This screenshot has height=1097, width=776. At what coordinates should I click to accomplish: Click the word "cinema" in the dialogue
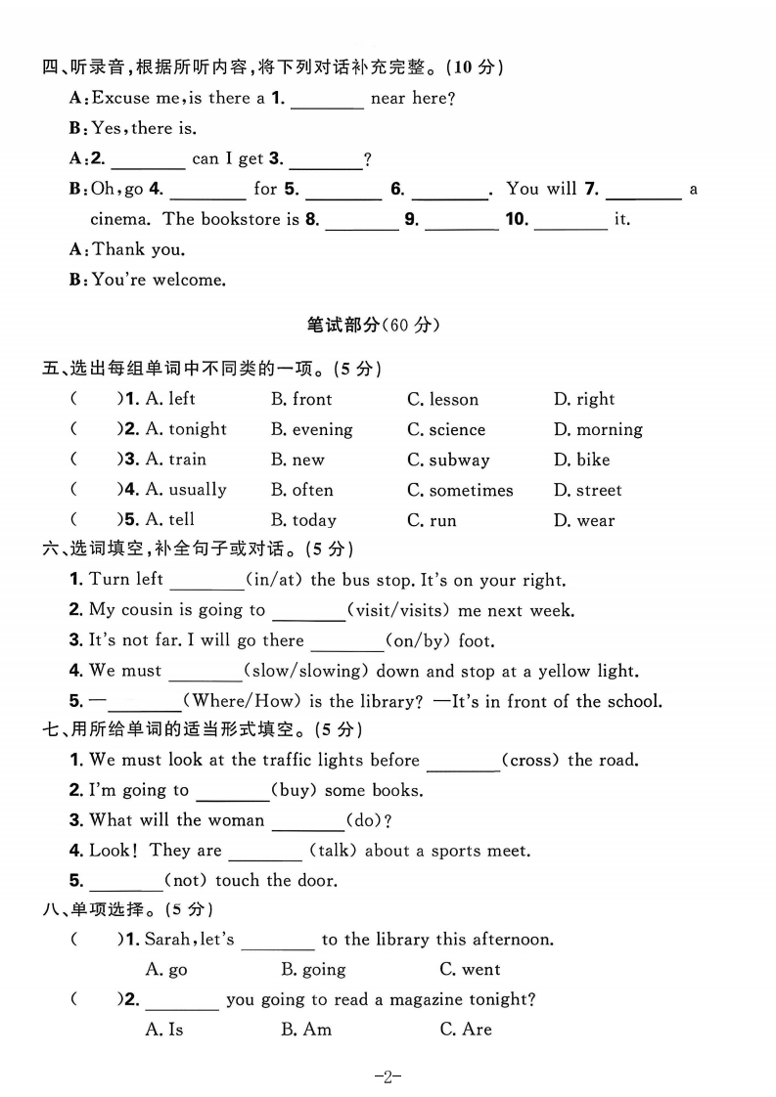(x=122, y=219)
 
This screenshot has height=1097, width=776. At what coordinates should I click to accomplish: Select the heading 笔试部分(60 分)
(x=388, y=326)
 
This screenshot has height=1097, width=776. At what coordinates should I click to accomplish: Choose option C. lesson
(x=442, y=399)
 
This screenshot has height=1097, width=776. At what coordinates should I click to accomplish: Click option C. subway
(x=448, y=460)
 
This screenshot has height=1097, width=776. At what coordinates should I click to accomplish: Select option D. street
(x=587, y=490)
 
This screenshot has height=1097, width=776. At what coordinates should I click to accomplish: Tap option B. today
(x=303, y=520)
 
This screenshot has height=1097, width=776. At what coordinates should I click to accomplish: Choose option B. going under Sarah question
(x=313, y=970)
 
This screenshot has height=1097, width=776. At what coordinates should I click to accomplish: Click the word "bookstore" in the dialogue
(x=244, y=219)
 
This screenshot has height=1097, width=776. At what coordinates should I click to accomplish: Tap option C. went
(x=470, y=970)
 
